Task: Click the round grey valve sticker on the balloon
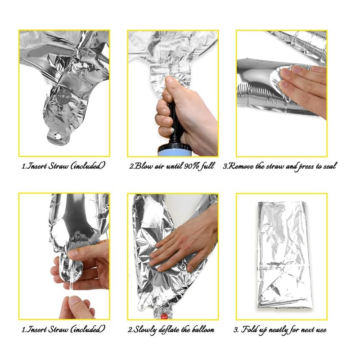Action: [63, 96]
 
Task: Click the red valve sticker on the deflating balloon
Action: [164, 317]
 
